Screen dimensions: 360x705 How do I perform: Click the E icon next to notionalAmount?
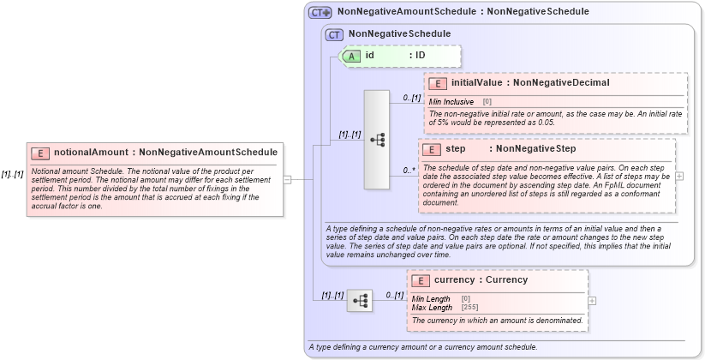[x=39, y=153]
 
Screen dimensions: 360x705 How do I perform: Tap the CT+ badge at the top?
[x=320, y=12]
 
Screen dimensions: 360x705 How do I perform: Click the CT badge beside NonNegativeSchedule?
[x=335, y=34]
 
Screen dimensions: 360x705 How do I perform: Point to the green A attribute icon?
[x=351, y=56]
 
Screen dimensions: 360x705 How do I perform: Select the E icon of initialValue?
[x=438, y=83]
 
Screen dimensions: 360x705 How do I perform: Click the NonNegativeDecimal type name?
[x=561, y=83]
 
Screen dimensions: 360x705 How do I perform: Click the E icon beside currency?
[x=421, y=280]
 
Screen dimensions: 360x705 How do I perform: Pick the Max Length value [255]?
[x=469, y=307]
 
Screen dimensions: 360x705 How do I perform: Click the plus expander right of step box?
[x=679, y=176]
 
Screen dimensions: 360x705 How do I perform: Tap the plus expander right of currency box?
[x=592, y=301]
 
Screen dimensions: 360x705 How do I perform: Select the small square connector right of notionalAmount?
[x=287, y=179]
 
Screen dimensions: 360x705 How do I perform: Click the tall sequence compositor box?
[x=377, y=139]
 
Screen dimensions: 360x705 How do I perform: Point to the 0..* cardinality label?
[x=409, y=171]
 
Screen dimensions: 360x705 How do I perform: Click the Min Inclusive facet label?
[x=451, y=101]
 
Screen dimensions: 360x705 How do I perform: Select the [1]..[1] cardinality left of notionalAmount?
[x=13, y=174]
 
